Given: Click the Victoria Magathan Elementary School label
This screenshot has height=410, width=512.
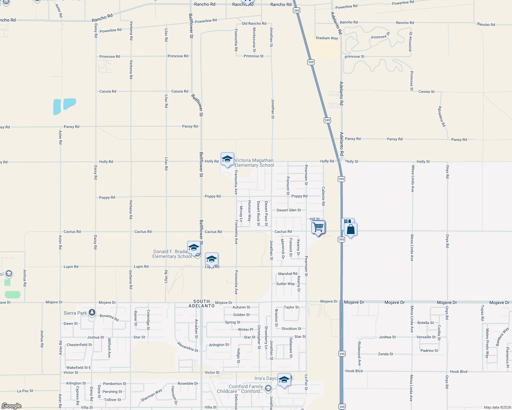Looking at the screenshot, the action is [x=254, y=163].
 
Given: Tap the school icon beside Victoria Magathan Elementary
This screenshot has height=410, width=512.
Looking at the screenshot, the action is [x=227, y=159].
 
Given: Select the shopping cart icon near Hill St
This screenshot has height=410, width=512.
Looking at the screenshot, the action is [x=318, y=227].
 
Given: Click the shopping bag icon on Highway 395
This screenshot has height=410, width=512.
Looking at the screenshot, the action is [x=351, y=230].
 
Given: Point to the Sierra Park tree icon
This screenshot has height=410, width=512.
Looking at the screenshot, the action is [x=92, y=313].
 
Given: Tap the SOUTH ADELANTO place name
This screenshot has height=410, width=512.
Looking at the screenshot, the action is [x=202, y=304].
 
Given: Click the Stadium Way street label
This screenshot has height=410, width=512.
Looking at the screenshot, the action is [x=327, y=38].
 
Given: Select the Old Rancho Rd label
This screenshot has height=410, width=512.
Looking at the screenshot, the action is [x=254, y=24].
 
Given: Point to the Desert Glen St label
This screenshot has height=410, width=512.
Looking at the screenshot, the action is [x=289, y=210].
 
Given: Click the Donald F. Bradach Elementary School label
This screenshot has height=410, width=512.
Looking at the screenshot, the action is [x=172, y=254].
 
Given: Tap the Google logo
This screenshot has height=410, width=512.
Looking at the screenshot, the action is [x=11, y=406].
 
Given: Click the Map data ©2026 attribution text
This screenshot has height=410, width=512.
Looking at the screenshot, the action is [x=496, y=407].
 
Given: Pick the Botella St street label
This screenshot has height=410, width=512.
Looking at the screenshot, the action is [x=425, y=323].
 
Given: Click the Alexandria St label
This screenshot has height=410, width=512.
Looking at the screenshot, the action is [x=187, y=347].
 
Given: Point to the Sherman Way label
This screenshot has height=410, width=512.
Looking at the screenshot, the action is [x=151, y=395].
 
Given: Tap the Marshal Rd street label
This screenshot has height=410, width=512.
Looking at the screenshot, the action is [x=287, y=274].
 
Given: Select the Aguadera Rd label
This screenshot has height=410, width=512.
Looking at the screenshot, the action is [x=441, y=117].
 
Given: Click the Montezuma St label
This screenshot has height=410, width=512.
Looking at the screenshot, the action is [x=254, y=40].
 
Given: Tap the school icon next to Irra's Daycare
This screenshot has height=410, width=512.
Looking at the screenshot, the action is [x=284, y=380].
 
